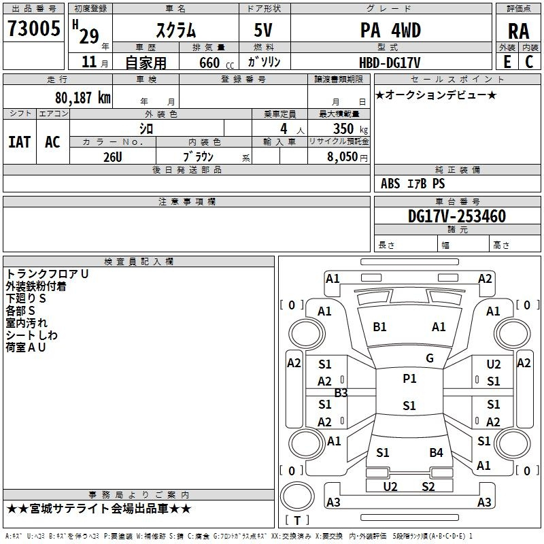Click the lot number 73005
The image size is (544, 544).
33,28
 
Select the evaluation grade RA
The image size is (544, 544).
518,31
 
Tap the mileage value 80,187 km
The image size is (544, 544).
82,98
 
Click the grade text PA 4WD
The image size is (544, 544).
390,30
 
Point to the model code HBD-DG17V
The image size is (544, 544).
390,63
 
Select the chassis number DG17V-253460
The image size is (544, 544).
456,216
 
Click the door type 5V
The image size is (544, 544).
263,30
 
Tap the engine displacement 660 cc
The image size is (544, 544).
216,63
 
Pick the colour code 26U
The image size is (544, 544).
112,157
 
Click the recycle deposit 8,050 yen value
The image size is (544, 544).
347,157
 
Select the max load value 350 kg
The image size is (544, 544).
350,129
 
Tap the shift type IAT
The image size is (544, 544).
20,142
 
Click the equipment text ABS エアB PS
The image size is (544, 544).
413,184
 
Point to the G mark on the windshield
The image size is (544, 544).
430,358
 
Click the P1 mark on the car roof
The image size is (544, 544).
409,379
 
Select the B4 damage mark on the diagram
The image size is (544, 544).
436,452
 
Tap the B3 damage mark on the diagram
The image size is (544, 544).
341,393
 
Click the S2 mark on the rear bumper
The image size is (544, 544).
428,487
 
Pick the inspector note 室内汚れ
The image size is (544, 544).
27,322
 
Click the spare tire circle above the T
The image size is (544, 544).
297,496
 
